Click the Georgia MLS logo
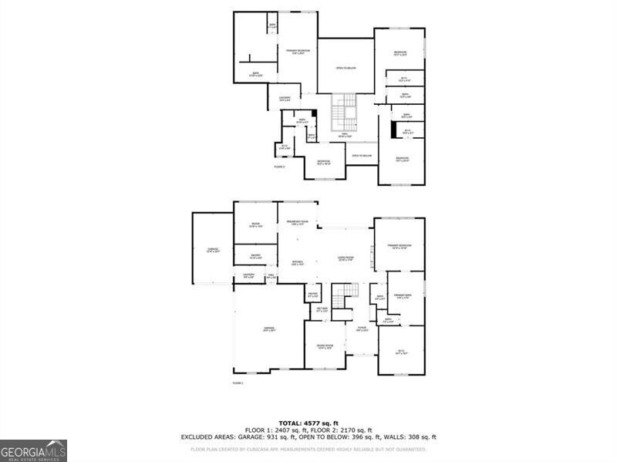33,450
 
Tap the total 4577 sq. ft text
308,423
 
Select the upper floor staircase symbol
344,114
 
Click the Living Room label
345,258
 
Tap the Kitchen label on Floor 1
297,262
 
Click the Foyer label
361,329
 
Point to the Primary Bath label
403,295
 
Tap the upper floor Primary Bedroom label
298,52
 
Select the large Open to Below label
346,68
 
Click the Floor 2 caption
279,167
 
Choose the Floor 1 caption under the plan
238,383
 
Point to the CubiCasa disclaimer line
308,448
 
